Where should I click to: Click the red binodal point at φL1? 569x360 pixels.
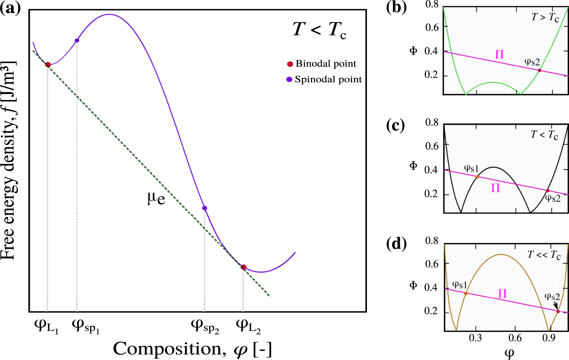point(48,65)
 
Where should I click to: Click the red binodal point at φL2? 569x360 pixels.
point(243,267)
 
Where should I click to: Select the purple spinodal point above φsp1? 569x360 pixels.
point(77,40)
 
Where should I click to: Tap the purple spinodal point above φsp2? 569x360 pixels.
point(205,208)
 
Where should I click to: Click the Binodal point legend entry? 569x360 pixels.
point(321,64)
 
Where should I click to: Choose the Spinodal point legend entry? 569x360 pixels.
point(324,79)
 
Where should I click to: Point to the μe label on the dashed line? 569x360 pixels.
point(156,198)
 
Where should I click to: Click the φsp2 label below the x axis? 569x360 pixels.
point(205,326)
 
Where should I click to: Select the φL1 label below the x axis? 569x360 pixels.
point(46,326)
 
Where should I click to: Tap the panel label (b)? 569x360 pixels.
point(396,7)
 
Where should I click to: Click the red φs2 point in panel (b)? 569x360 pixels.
point(539,70)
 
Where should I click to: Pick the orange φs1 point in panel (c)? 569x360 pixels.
point(477,177)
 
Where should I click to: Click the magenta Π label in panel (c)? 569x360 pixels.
point(495,188)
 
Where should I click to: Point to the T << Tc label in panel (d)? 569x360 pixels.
point(544,255)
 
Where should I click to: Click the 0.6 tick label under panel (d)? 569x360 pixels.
point(515,338)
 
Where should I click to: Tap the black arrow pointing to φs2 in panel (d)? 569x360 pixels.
point(555,305)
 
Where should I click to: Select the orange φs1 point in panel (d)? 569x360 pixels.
point(466,294)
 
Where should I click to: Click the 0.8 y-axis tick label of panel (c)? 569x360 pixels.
point(432,122)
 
